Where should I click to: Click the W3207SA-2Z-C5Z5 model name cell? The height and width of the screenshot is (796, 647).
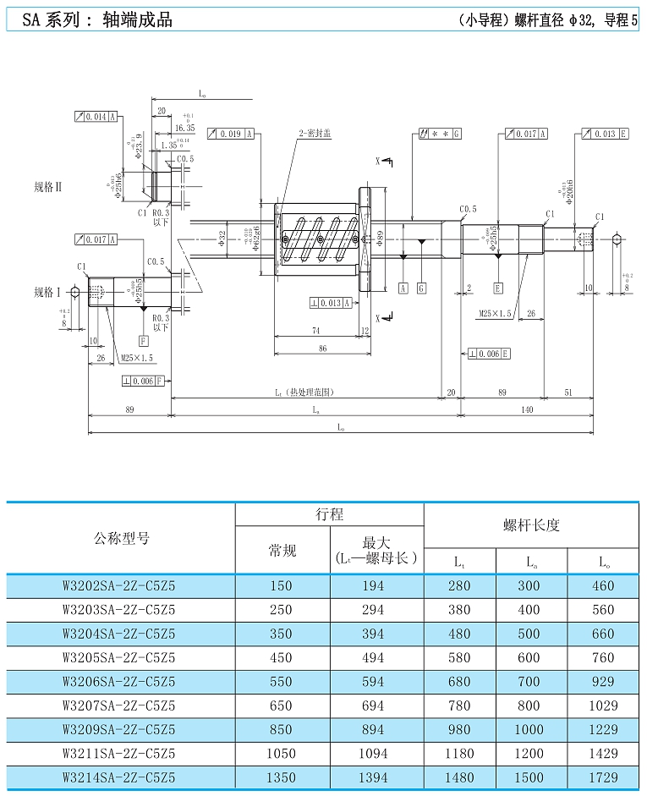coord(119,705)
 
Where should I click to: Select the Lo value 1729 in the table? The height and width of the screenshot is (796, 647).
coord(602,777)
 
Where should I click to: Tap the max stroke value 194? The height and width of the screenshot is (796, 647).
coord(372,585)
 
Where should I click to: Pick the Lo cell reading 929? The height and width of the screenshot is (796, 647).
coord(602,681)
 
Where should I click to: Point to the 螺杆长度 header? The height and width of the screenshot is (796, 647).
coord(531,525)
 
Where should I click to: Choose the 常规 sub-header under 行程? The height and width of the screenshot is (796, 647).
coord(282,551)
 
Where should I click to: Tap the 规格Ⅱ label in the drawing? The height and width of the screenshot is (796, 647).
coord(48,186)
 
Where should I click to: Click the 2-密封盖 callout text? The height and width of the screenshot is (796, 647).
coord(314,134)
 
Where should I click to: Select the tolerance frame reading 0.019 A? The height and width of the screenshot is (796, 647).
coord(231,134)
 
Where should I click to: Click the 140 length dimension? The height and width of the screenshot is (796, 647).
coord(527,409)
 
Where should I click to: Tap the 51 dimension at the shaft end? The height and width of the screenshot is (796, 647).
coord(567,392)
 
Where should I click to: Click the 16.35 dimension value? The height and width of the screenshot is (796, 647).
coord(184,128)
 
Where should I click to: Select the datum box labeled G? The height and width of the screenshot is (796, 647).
coord(421,288)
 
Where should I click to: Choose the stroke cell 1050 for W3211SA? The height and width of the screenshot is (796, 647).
coord(282,753)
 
